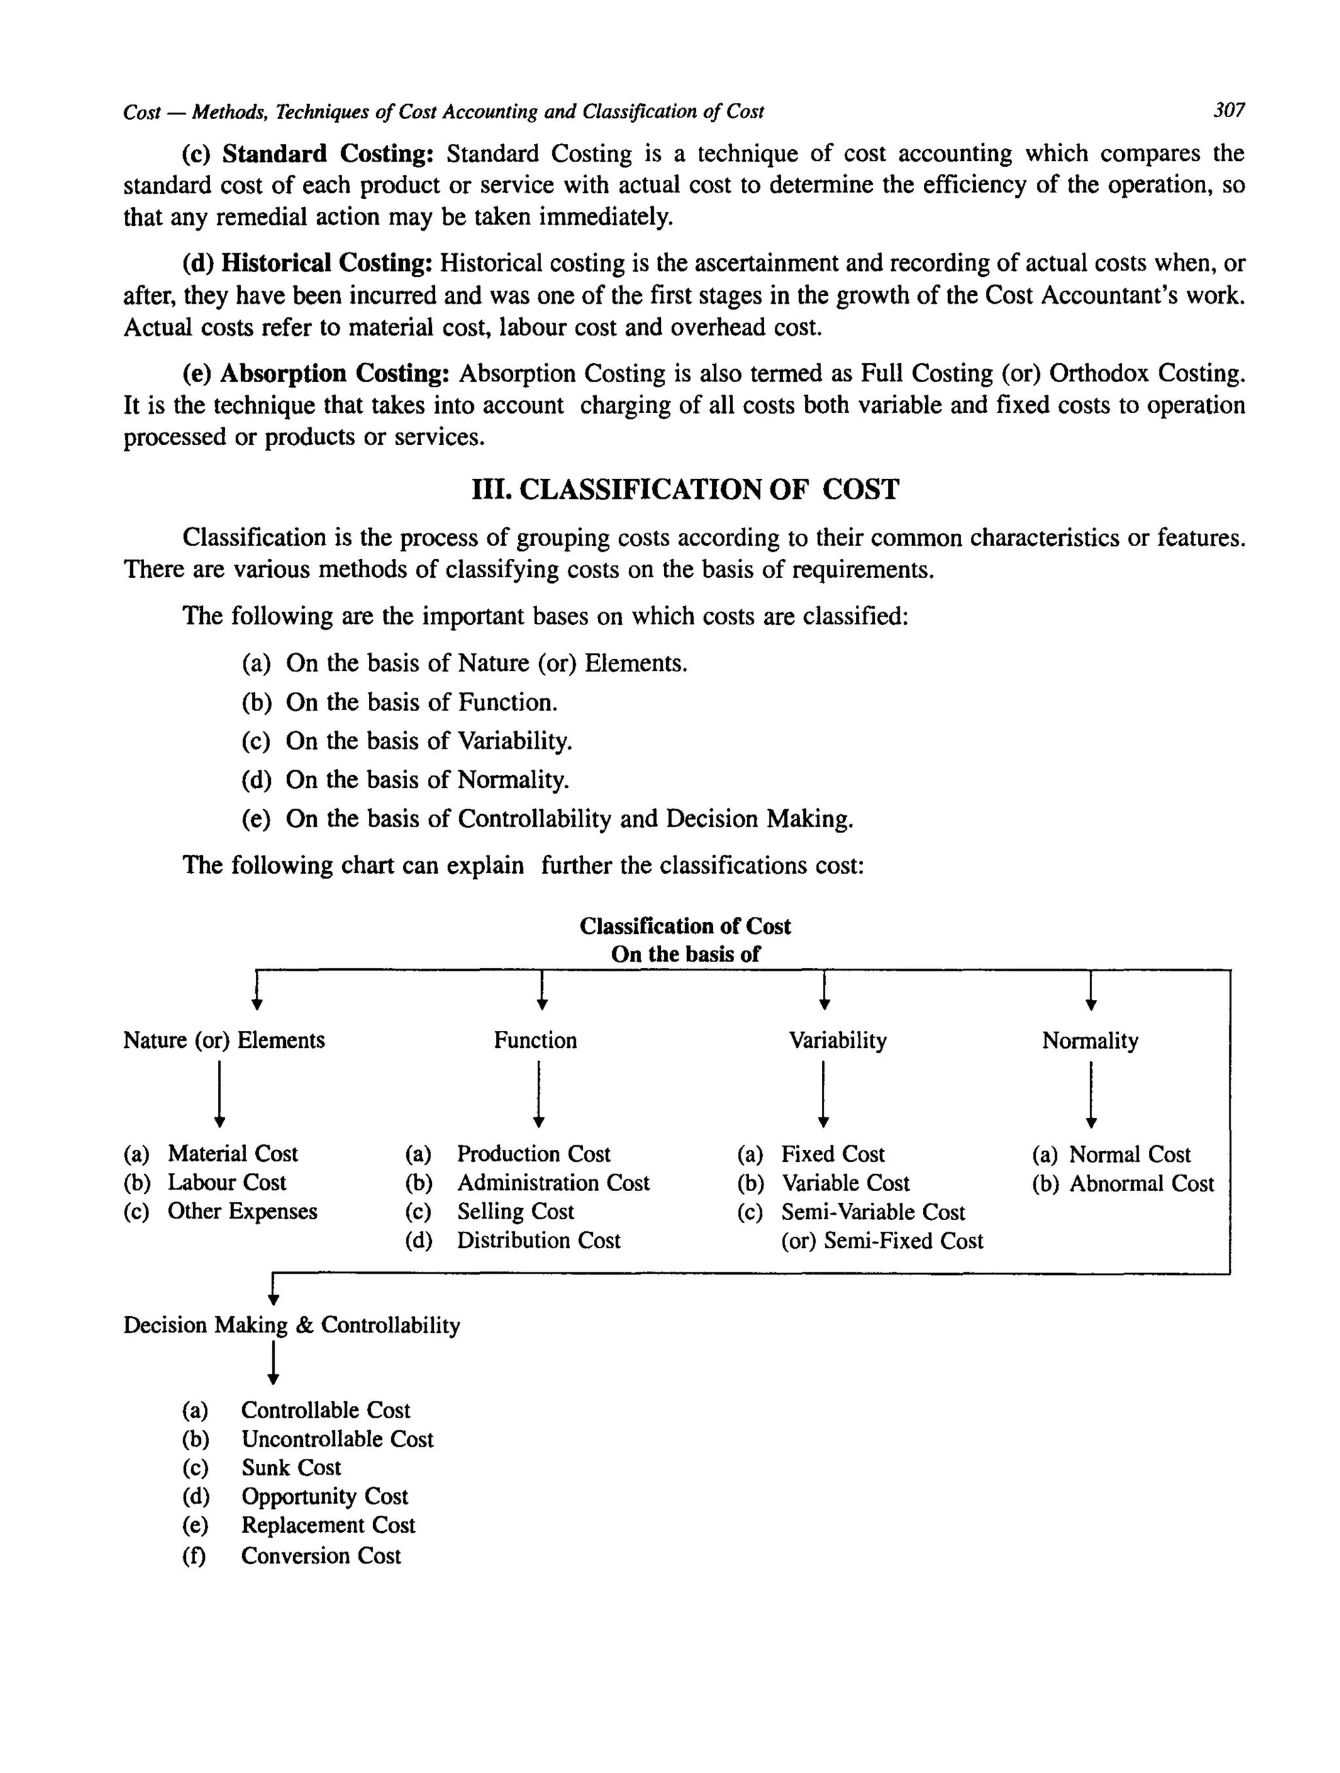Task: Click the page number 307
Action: tap(1229, 110)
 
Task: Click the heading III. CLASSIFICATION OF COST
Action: tap(685, 489)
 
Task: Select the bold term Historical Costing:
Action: tap(327, 263)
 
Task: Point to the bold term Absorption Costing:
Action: tap(334, 374)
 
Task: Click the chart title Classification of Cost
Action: tap(685, 926)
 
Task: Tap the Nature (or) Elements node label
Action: tap(224, 1041)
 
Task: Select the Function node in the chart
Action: tap(535, 1041)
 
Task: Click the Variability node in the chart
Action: tap(837, 1041)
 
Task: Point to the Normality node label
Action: tap(1090, 1041)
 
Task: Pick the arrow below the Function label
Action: tap(539, 1094)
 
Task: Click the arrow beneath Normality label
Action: tap(1091, 1094)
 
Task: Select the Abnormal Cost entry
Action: tap(1141, 1183)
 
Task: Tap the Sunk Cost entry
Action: tap(291, 1467)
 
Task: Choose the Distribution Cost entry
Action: tap(538, 1241)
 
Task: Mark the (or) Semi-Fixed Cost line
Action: tap(881, 1241)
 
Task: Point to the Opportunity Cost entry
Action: tap(325, 1496)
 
